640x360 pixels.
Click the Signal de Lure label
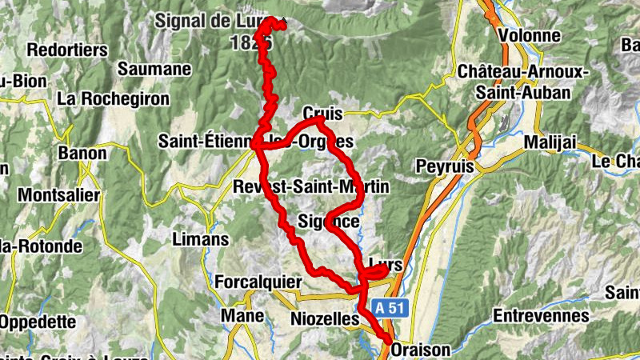pyautogui.click(x=214, y=20)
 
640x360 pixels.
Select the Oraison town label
pyautogui.click(x=421, y=350)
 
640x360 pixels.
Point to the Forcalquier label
pyautogui.click(x=258, y=282)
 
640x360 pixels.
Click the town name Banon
pyautogui.click(x=82, y=153)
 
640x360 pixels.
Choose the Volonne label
pyautogui.click(x=528, y=36)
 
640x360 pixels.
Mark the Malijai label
pyautogui.click(x=550, y=142)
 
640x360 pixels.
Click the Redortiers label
pyautogui.click(x=67, y=50)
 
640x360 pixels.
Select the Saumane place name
pyautogui.click(x=154, y=70)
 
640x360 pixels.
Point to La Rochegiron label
pyautogui.click(x=114, y=99)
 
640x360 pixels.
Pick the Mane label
pyautogui.click(x=242, y=317)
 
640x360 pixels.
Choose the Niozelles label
pyautogui.click(x=322, y=319)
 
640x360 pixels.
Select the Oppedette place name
pyautogui.click(x=38, y=322)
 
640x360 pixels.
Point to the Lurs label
pyautogui.click(x=386, y=263)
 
